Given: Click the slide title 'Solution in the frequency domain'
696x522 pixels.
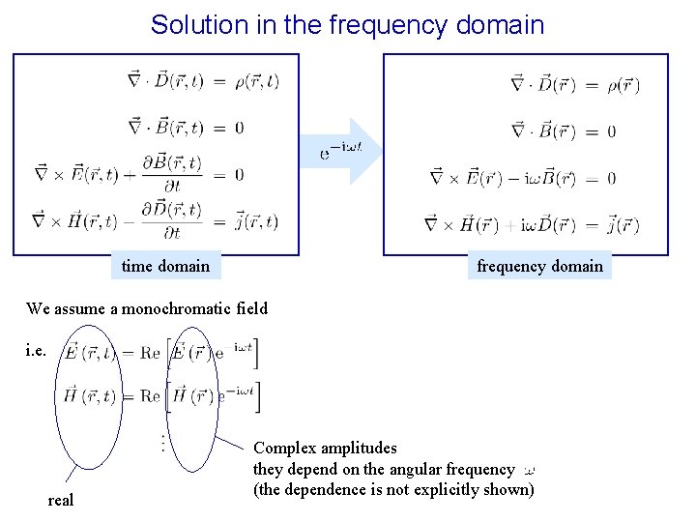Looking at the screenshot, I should (347, 24).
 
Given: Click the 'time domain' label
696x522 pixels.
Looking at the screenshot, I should (165, 265).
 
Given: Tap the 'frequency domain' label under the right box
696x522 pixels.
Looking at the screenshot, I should (539, 266).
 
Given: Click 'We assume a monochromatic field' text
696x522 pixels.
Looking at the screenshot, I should (147, 309).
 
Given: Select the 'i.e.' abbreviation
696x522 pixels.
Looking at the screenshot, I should (36, 349).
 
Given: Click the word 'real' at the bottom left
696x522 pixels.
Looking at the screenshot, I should (61, 500).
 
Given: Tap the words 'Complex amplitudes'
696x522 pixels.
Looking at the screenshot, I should (325, 449).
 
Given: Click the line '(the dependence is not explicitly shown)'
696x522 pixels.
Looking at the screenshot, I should (393, 489).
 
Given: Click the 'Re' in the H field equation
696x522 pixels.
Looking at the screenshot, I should (149, 396).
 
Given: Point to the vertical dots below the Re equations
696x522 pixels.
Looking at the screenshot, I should (161, 444).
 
